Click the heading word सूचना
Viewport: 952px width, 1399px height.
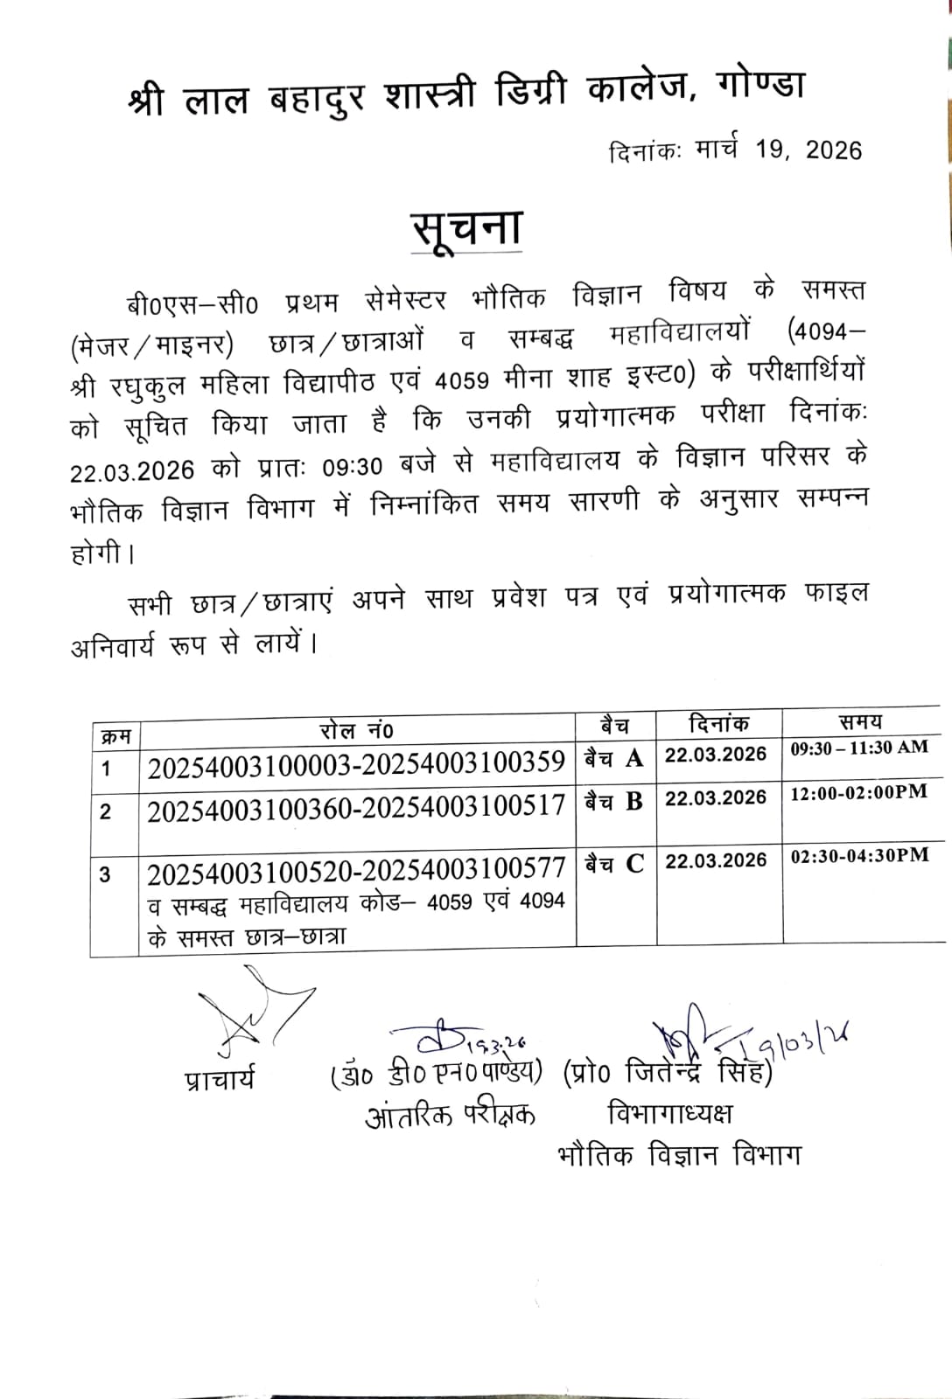pos(467,229)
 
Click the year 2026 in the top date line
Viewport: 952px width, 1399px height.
pos(833,150)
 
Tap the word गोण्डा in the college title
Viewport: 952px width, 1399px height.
pos(759,90)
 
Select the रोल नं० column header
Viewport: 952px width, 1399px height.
pos(357,729)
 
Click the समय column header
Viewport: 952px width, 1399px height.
pos(860,722)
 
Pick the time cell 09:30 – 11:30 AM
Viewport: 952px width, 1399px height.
pos(859,748)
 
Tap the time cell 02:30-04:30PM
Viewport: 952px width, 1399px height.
pos(859,856)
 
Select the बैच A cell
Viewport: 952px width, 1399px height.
pos(614,758)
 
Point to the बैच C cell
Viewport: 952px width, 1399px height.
pos(614,864)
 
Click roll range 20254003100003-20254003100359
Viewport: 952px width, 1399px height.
pos(356,764)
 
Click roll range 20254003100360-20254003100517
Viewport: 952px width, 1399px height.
pos(356,809)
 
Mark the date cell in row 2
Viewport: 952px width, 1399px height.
pos(716,798)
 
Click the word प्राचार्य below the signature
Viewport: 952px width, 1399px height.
pos(220,1080)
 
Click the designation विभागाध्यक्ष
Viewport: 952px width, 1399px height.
pos(669,1113)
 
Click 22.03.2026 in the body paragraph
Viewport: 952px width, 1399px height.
pos(132,470)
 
